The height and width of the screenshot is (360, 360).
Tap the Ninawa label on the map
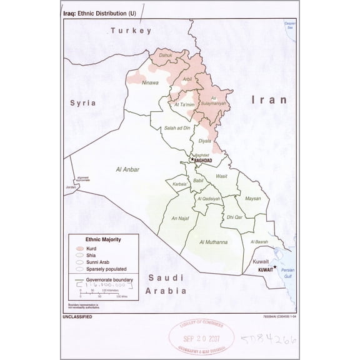tap(151, 82)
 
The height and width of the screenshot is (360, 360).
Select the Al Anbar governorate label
tap(127, 169)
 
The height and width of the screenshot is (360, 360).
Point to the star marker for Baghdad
tap(192, 159)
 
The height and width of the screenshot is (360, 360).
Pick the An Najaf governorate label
tap(180, 219)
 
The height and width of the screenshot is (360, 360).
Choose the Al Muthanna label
tap(213, 242)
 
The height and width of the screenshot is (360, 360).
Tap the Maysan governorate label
tap(253, 199)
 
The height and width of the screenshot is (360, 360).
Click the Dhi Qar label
tap(234, 217)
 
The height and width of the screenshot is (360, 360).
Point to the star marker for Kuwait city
tap(274, 267)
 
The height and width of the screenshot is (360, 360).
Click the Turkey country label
tap(131, 31)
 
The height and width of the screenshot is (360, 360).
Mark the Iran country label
tap(269, 99)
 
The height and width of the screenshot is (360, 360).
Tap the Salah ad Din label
tap(176, 127)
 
